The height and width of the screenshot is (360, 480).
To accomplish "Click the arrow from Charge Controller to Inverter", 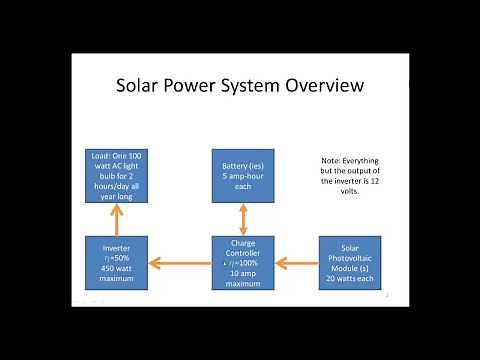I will click(179, 263).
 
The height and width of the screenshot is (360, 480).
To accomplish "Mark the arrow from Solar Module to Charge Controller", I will click(296, 263).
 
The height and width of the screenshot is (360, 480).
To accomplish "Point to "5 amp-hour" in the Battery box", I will click(242, 174).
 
